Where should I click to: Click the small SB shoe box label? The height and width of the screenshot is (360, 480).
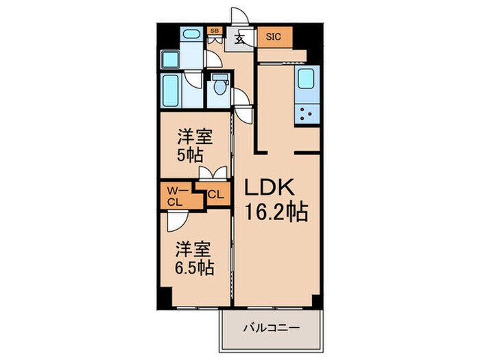click(214, 31)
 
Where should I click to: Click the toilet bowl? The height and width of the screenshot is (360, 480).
click(219, 86)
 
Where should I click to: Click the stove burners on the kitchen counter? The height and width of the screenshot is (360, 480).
click(307, 112)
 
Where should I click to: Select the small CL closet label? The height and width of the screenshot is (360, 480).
click(215, 195)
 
